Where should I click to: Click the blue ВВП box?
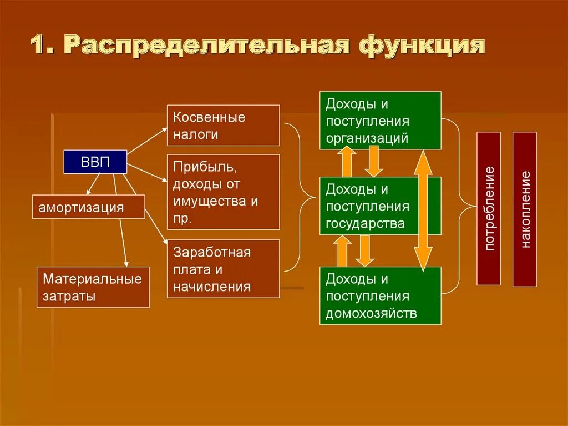point(95,162)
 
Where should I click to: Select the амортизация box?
point(89,207)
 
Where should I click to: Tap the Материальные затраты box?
point(93,287)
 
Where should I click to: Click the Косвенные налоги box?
point(223,126)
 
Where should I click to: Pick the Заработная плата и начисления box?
point(223,269)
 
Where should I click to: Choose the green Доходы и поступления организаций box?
point(380,121)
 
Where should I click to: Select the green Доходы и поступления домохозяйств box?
point(380,295)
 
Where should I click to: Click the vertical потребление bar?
point(489,208)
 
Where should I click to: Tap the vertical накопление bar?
point(524,209)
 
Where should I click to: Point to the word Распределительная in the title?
point(207,46)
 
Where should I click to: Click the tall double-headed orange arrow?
point(424,211)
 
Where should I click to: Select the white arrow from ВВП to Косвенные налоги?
point(147,139)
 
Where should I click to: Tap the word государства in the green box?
point(364,224)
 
